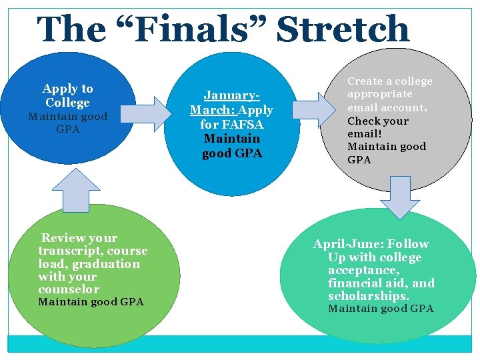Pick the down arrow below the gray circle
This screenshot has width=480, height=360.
(401, 197)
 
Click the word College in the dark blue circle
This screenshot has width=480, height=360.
(67, 103)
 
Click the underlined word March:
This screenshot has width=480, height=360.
(213, 110)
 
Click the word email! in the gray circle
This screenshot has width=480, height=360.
(363, 133)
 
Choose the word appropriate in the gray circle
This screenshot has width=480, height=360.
(379, 94)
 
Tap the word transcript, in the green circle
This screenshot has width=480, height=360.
(70, 251)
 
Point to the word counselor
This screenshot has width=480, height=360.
(68, 289)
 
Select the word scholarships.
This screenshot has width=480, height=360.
(369, 295)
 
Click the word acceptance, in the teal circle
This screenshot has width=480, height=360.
(363, 270)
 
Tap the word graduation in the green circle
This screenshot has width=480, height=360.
(107, 263)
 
